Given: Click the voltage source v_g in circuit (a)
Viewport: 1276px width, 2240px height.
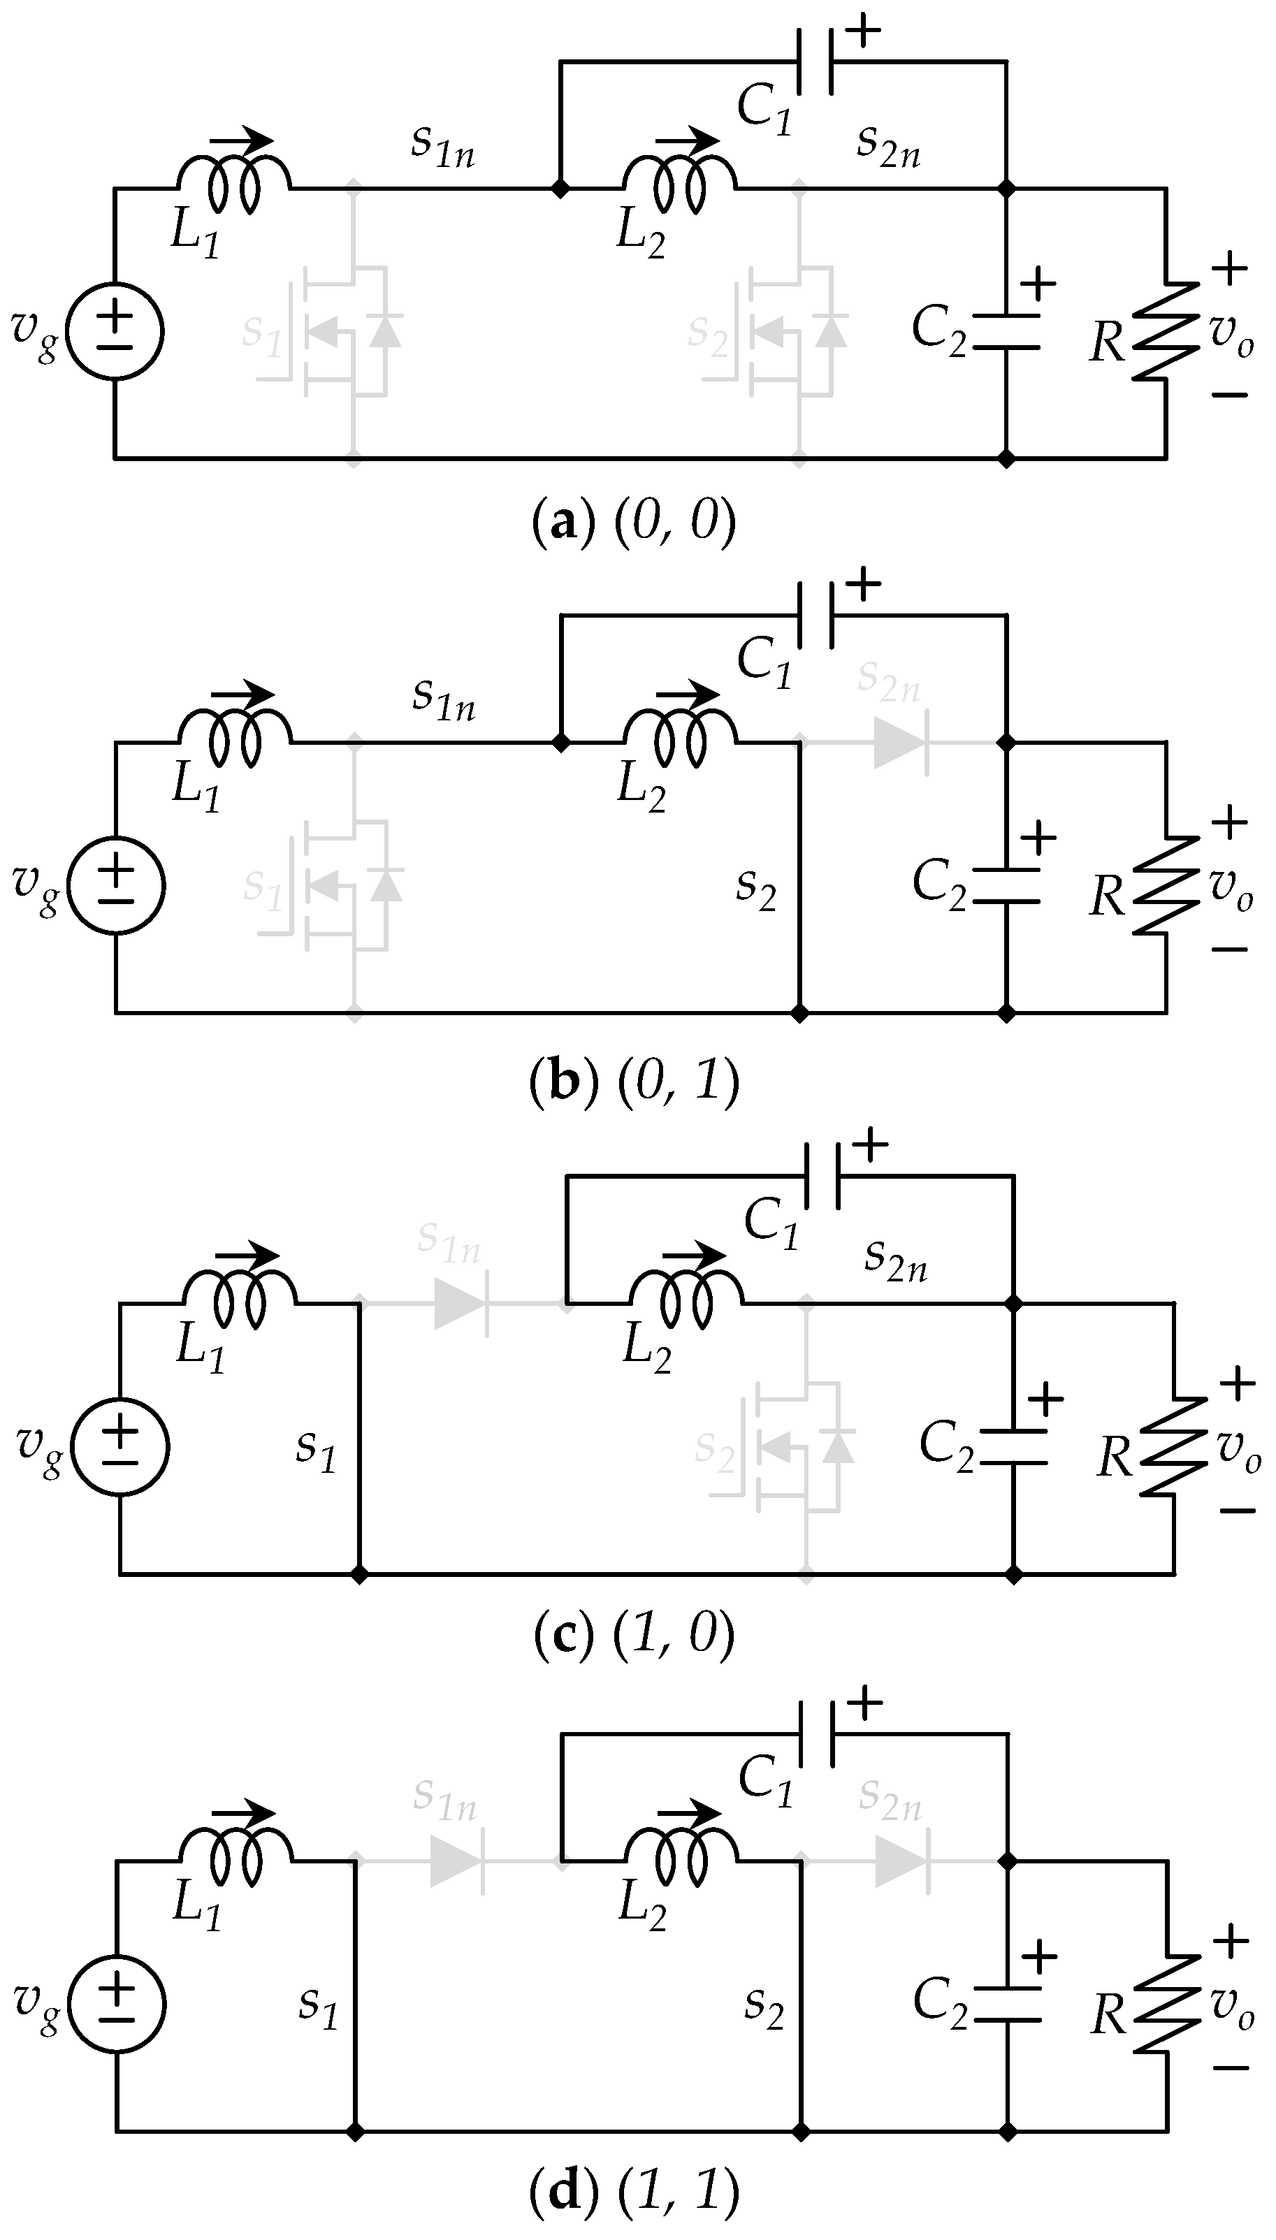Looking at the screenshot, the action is click(x=115, y=332).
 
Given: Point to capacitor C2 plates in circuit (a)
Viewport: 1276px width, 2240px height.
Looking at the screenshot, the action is click(x=1007, y=332).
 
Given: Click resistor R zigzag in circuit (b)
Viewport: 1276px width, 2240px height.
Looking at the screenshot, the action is click(x=1166, y=886).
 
